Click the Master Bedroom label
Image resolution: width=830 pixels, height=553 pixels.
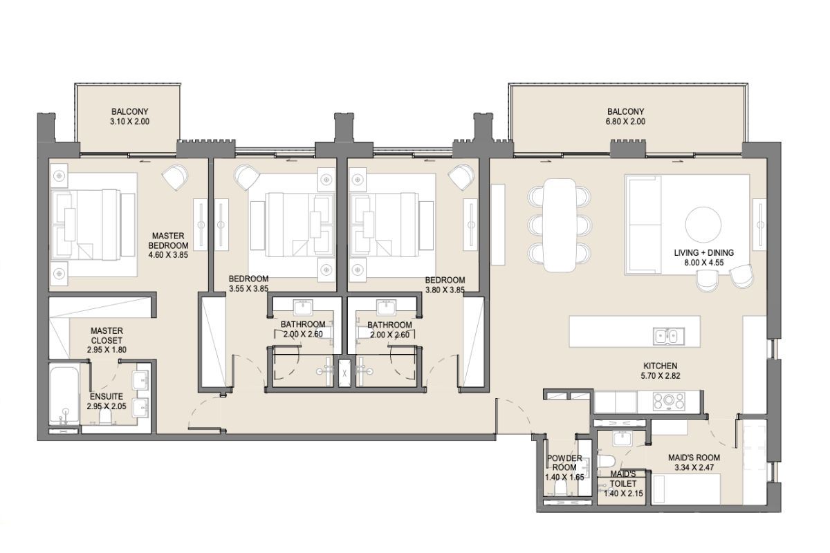(x=168, y=241)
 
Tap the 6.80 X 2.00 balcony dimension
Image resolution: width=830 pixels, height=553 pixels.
(x=625, y=122)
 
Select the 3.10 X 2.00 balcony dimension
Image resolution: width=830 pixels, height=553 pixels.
(x=130, y=122)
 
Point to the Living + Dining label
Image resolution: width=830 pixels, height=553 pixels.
(x=703, y=252)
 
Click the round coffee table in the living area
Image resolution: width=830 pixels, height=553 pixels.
(x=703, y=225)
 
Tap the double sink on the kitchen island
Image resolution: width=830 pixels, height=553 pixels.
(x=669, y=337)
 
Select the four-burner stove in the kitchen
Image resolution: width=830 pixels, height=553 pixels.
(x=669, y=402)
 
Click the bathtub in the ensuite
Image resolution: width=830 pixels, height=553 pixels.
(x=64, y=395)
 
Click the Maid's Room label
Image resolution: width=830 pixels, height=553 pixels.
(x=694, y=458)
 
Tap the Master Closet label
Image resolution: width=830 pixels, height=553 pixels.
(x=107, y=335)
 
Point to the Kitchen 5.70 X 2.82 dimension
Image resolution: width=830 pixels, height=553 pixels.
(x=661, y=375)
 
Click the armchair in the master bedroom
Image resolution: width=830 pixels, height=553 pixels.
(x=175, y=177)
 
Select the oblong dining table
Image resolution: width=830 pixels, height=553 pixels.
(x=560, y=225)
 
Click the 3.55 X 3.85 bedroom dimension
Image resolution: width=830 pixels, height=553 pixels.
(x=248, y=288)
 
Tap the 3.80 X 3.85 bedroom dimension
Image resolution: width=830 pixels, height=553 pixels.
(x=445, y=290)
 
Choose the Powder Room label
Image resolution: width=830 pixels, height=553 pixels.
(x=564, y=462)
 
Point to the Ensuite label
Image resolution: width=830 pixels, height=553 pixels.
(x=107, y=396)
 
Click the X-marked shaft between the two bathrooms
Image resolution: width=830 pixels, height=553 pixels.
(x=344, y=373)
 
